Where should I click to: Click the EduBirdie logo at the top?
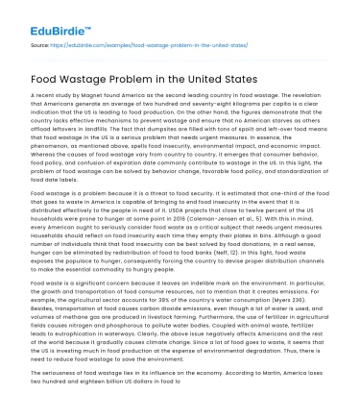tap(43, 15)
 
